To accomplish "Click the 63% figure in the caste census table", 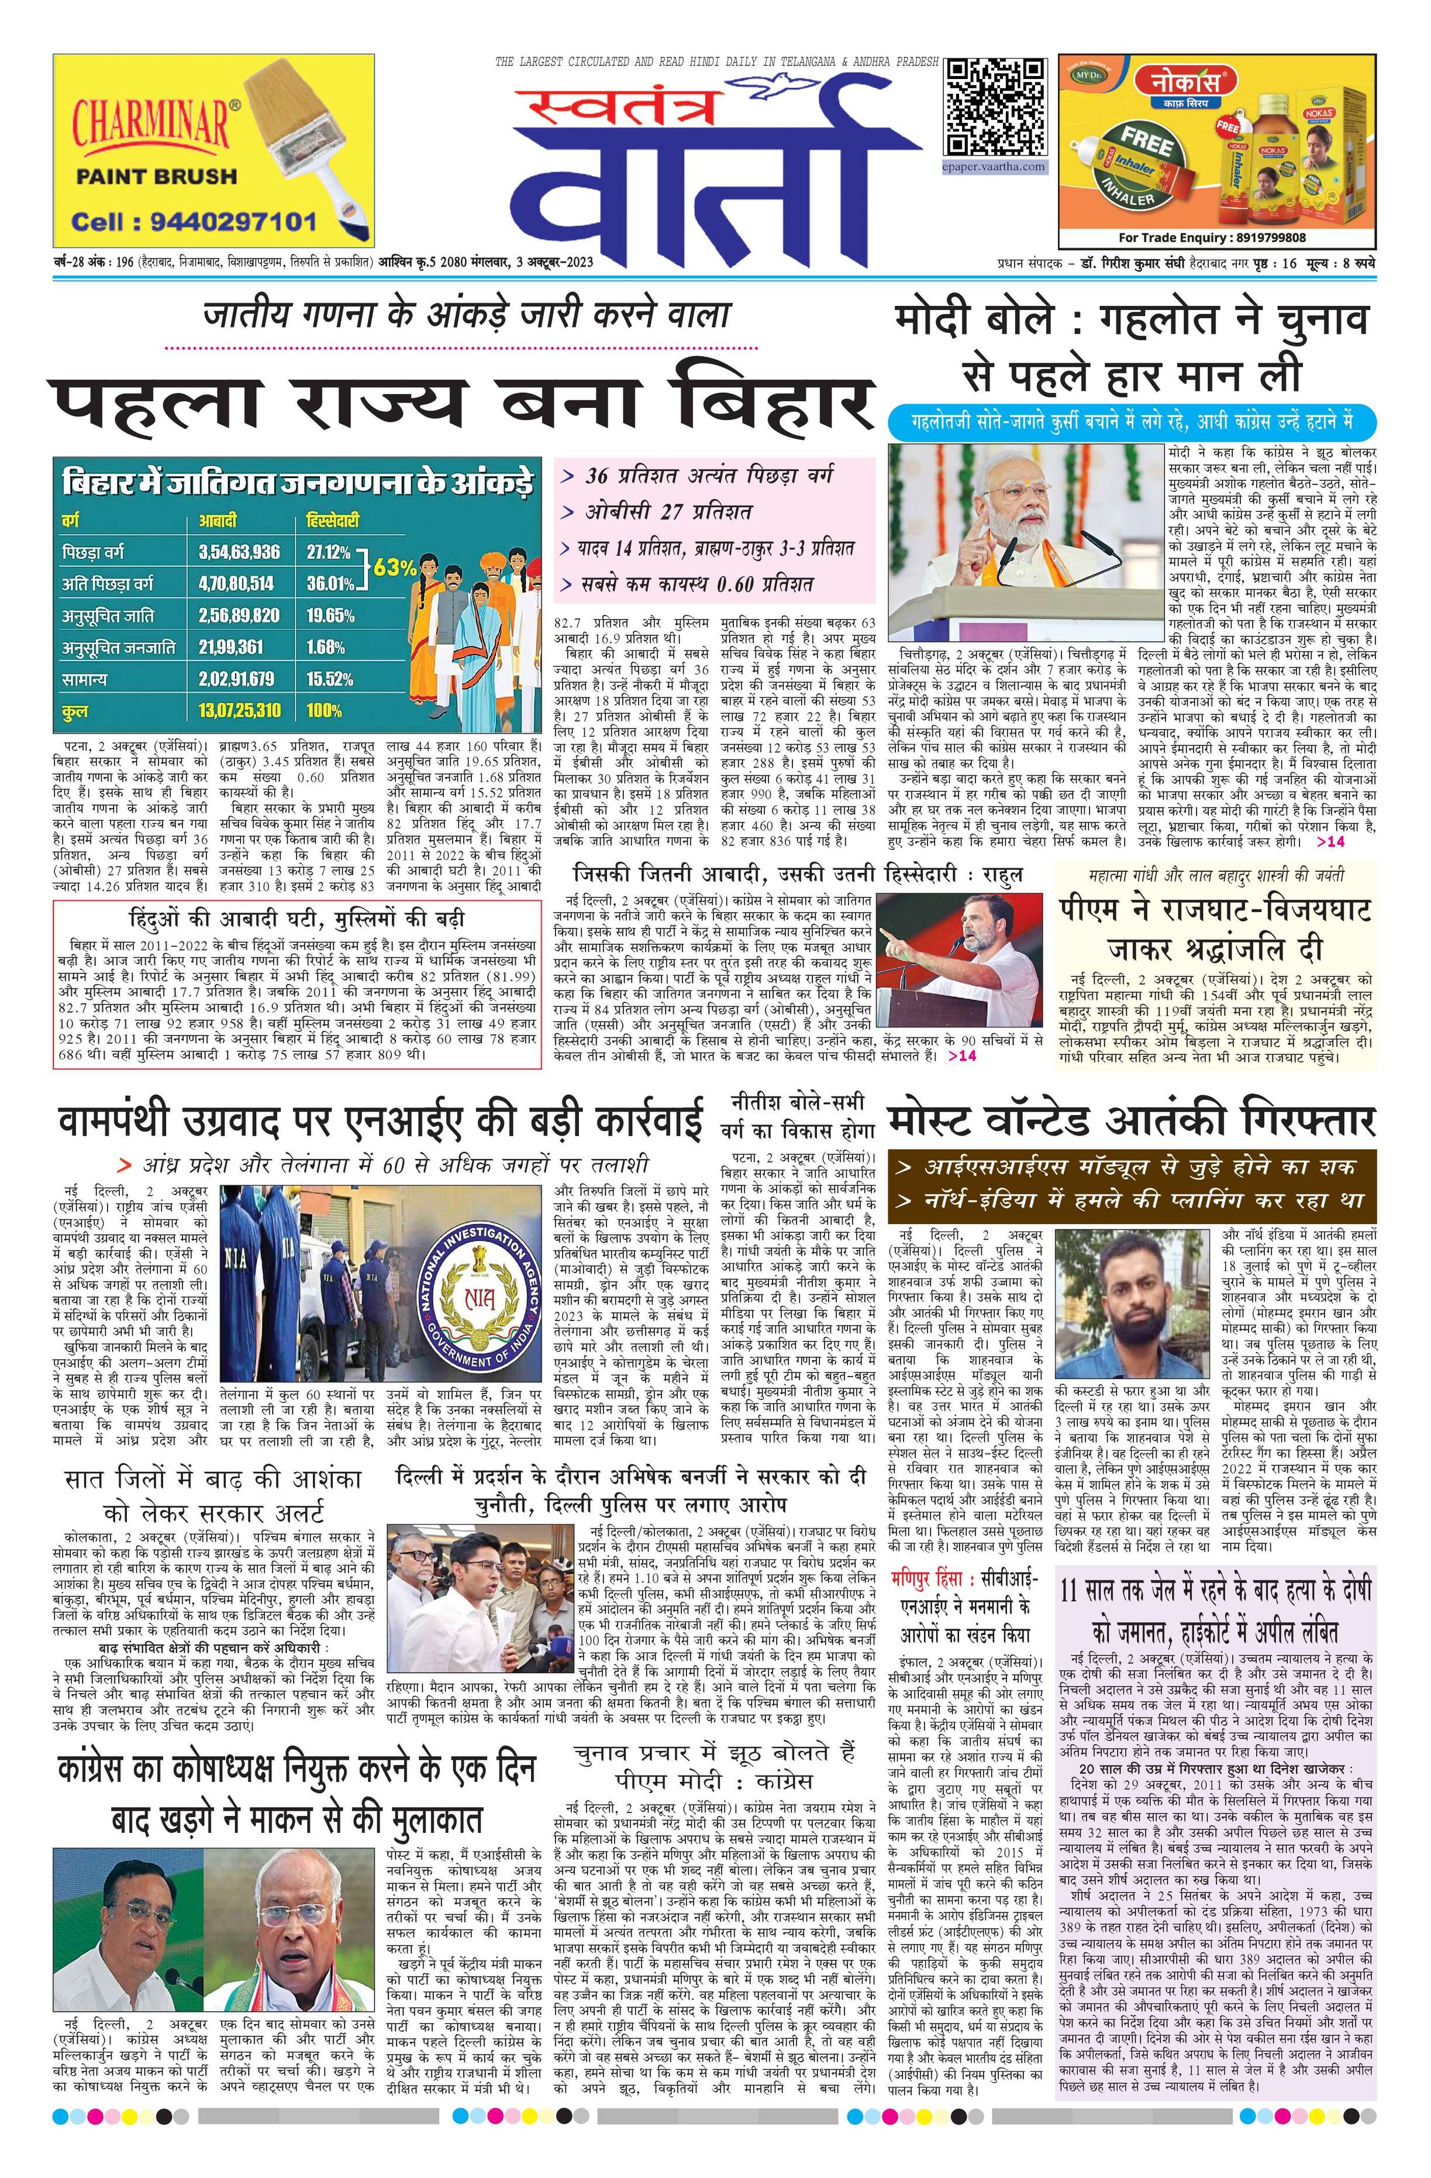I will click(394, 566).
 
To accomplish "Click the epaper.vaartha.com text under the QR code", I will click(995, 167).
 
